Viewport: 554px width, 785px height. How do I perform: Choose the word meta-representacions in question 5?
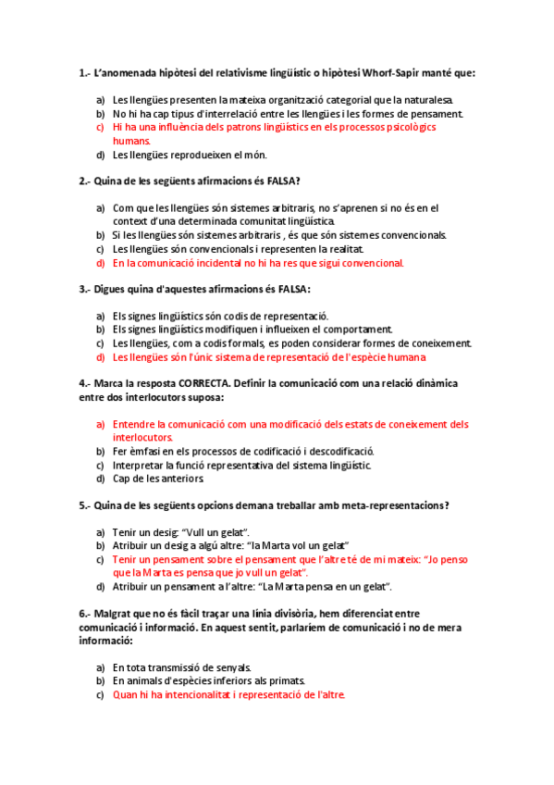click(x=392, y=505)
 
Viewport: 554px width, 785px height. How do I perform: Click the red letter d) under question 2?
click(x=100, y=263)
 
